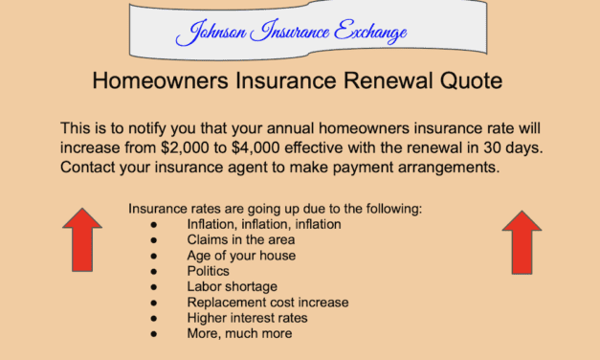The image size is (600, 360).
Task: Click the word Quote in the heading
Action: pos(468,80)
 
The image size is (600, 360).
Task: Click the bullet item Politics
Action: pos(209,271)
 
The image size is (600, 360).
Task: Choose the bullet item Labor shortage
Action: pos(232,286)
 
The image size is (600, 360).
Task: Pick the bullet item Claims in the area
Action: pos(236,240)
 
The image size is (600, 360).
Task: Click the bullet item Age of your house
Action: pos(241,256)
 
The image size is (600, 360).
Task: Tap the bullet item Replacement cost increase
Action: pos(268,302)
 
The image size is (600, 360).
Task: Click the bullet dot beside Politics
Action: pos(153,271)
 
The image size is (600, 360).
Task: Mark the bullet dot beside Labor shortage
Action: pos(153,286)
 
